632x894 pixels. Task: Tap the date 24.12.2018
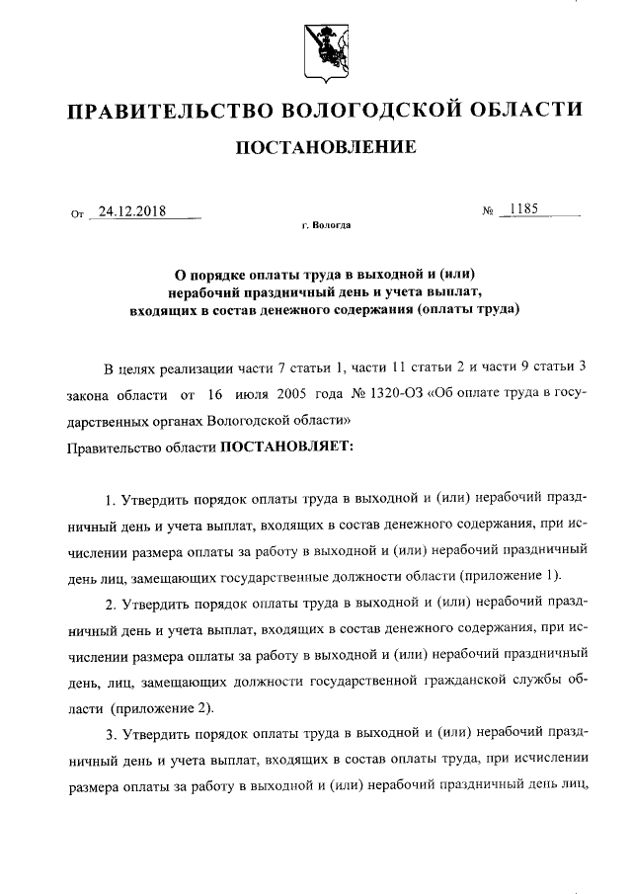click(x=131, y=211)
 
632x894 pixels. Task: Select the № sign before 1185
click(x=487, y=211)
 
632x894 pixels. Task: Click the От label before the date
click(x=78, y=212)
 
